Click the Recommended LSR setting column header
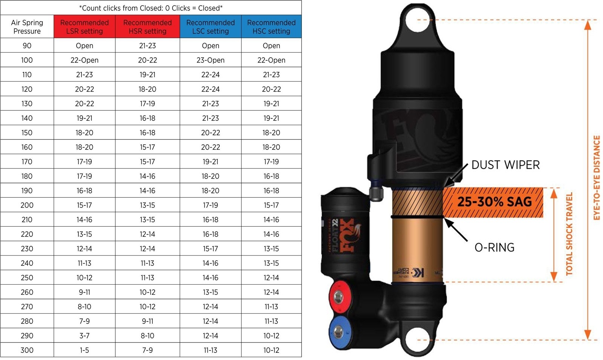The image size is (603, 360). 84,27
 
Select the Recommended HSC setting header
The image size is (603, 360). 271,27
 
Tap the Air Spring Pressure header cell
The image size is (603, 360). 27,27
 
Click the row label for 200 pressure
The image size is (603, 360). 27,205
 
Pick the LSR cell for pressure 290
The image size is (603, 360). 84,336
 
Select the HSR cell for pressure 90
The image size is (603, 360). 147,46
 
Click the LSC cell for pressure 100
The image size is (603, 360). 211,60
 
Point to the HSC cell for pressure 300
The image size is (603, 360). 271,350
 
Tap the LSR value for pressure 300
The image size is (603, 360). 84,350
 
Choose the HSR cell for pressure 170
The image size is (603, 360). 147,162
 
